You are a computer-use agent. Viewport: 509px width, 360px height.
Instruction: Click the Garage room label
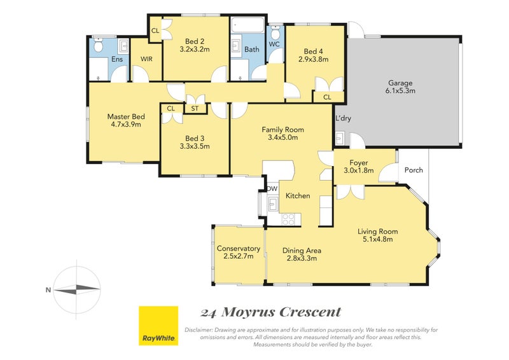click(401, 83)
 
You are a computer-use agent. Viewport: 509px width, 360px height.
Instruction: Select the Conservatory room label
click(239, 249)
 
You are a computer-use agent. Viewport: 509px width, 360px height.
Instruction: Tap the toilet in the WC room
click(275, 31)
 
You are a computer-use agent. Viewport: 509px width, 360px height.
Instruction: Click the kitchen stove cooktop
click(288, 219)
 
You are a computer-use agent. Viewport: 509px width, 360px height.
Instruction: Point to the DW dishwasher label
click(272, 189)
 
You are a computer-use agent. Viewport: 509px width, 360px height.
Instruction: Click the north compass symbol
click(77, 289)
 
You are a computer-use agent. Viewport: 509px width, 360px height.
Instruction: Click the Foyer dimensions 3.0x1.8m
click(358, 170)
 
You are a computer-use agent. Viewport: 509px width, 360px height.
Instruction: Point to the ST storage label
click(194, 109)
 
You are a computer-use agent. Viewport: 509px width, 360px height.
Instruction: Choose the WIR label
click(146, 59)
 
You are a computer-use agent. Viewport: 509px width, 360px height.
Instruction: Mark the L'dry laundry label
click(344, 119)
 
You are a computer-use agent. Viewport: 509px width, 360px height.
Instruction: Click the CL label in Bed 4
click(327, 97)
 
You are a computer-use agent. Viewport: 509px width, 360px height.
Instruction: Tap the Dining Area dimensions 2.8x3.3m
click(302, 259)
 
